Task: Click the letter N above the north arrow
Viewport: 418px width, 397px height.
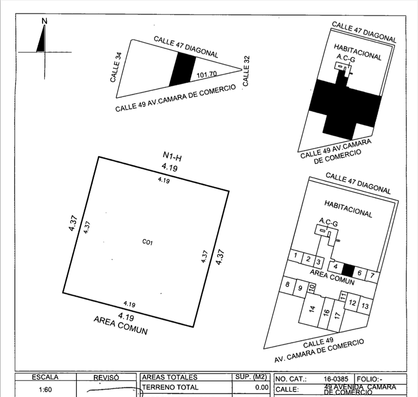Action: click(44, 21)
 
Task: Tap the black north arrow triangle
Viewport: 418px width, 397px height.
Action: click(42, 41)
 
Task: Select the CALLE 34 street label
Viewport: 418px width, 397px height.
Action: click(116, 67)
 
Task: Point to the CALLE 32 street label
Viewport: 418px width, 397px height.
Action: click(246, 71)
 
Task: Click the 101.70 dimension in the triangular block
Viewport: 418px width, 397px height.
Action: click(207, 75)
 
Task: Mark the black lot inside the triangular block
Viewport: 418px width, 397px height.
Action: click(183, 69)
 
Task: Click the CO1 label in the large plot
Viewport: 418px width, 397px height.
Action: click(148, 242)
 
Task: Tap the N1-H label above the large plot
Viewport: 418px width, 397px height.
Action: click(172, 156)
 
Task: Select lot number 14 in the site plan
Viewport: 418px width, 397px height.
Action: click(312, 309)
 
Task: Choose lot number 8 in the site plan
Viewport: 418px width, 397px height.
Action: click(287, 284)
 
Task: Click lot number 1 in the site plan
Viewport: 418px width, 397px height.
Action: click(295, 255)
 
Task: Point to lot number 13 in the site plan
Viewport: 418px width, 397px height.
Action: click(365, 306)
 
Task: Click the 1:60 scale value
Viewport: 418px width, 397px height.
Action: click(45, 390)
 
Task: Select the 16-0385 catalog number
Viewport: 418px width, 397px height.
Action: click(336, 379)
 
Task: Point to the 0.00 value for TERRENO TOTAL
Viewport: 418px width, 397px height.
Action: click(262, 388)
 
